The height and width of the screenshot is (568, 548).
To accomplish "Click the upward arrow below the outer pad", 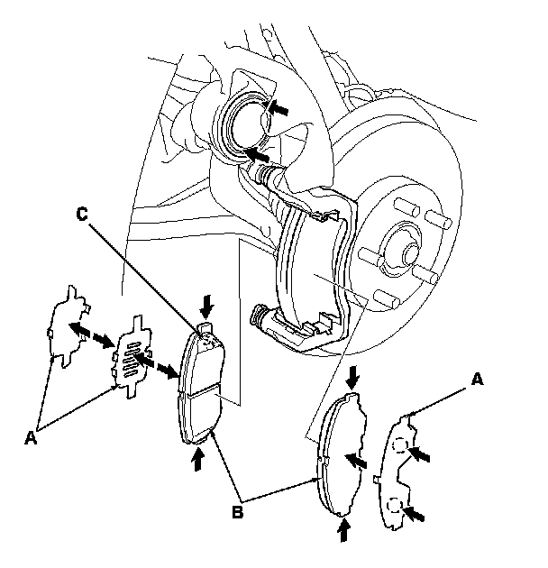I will (x=342, y=530).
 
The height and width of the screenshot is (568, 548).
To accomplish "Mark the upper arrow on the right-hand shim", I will (x=424, y=456).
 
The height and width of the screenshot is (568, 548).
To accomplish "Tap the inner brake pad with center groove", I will (x=202, y=388).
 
